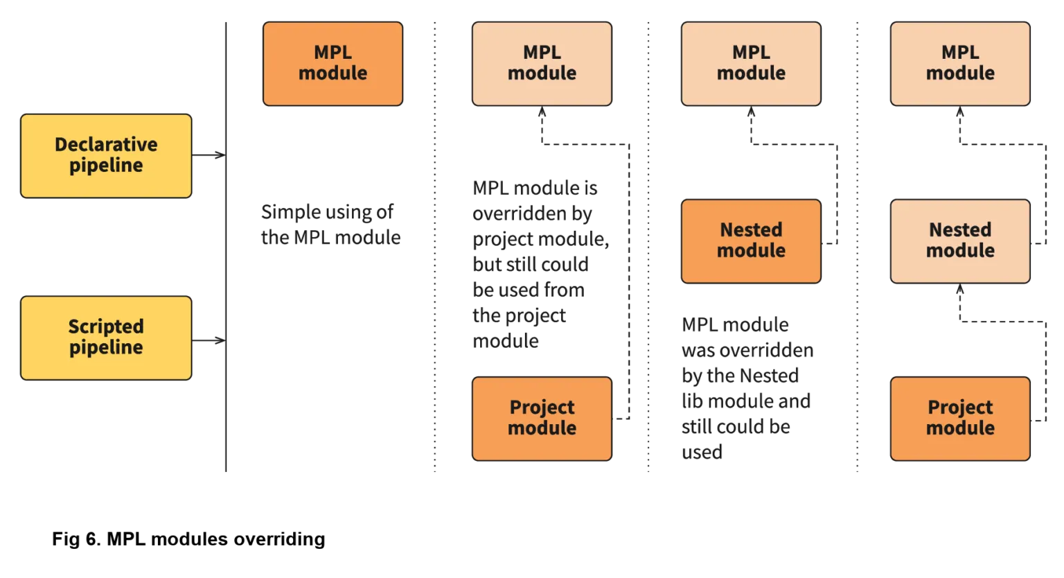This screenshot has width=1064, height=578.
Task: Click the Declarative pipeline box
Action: point(106,155)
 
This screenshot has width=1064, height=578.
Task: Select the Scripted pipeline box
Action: point(106,338)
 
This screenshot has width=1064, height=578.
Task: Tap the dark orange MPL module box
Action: point(332,63)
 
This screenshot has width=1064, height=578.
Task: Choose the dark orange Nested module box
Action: point(751,240)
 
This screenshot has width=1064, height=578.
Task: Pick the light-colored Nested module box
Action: point(960,240)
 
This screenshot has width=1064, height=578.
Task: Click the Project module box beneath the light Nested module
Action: point(960,418)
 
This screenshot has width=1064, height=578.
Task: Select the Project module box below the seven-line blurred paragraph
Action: point(542,418)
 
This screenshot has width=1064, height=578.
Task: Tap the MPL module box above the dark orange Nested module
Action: point(751,63)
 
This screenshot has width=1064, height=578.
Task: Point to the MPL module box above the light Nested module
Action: point(960,63)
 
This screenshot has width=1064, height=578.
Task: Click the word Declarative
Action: point(106,145)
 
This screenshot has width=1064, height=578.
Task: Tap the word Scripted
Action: point(106,326)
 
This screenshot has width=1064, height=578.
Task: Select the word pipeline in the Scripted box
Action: point(106,347)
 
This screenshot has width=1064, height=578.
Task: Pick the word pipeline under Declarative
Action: point(106,166)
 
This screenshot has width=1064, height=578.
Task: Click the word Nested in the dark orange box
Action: point(751,230)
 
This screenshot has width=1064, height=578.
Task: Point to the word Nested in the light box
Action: point(960,230)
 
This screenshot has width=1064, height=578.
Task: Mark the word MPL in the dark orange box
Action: point(332,53)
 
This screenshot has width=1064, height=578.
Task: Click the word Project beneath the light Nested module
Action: point(960,408)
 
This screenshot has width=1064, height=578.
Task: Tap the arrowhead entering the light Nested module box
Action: point(960,292)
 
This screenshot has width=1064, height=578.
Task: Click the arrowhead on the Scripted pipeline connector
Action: point(215,340)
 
